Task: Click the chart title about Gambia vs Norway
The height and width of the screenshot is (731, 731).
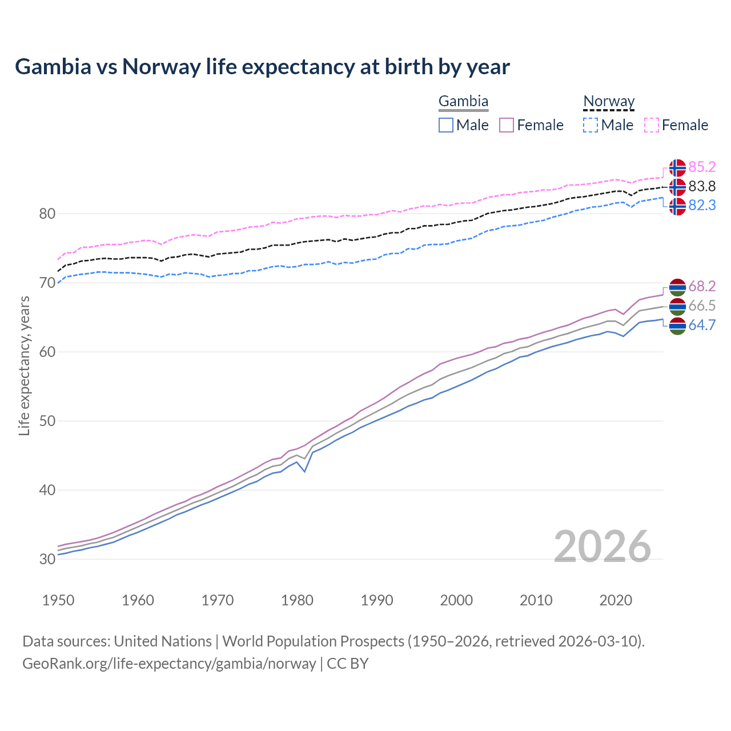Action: point(262,67)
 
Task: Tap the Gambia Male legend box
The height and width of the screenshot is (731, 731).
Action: point(446,125)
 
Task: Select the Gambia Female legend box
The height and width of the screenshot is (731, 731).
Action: point(507,125)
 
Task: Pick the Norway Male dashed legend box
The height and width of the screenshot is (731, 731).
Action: point(591,125)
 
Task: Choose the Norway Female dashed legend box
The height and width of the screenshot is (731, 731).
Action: point(651,125)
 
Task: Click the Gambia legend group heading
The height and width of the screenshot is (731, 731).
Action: point(463,102)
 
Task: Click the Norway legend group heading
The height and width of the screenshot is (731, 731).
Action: point(609,102)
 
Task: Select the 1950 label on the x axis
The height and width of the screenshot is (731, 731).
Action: point(58,600)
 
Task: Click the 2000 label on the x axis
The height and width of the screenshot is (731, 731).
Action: point(456,600)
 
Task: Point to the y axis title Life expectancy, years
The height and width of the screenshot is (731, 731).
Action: point(24,365)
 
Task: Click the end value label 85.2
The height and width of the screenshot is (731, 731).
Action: point(702,167)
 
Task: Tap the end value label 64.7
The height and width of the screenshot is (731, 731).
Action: point(702,326)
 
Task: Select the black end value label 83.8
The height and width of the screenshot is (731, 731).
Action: point(702,186)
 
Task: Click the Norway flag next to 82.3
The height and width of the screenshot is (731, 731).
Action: point(677,206)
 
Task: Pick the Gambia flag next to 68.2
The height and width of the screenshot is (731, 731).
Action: point(677,287)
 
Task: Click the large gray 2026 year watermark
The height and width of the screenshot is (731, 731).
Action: point(603,547)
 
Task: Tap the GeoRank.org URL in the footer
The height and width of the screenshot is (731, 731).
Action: point(169,664)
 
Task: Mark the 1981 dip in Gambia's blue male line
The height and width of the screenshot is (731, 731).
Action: point(305,471)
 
